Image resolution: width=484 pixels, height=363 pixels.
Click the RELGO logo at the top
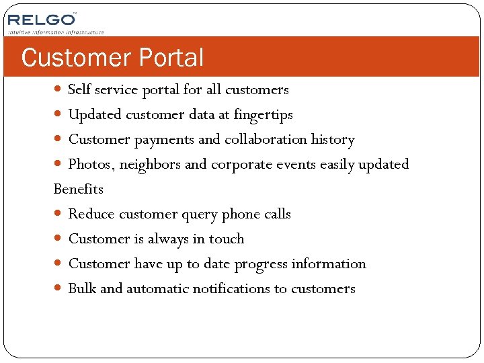coord(41,19)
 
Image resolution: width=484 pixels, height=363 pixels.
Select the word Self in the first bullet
coord(80,89)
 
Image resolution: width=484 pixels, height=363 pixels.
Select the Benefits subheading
coord(78,189)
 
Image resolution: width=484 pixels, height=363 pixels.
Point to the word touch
coord(227,239)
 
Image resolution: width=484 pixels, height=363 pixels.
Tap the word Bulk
coord(82,289)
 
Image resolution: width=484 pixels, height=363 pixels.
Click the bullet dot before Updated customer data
coord(60,115)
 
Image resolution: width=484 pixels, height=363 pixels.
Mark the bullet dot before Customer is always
coord(60,239)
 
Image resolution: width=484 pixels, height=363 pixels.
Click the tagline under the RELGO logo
coord(56,32)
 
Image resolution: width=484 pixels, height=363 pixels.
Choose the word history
coord(333,140)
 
